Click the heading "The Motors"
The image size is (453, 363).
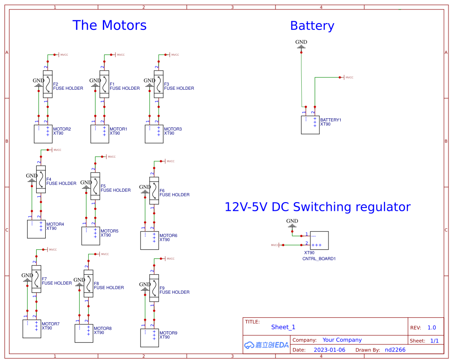pos(110,25)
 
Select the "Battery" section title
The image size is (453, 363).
pos(312,26)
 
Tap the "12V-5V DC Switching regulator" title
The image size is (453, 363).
pos(317,207)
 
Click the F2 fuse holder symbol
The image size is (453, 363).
pos(48,84)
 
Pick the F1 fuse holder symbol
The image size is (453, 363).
pos(104,84)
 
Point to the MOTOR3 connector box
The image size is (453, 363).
pos(154,134)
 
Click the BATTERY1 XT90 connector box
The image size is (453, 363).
pos(310,125)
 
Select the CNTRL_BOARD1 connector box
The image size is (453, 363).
pos(319,240)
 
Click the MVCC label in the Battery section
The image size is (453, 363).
pos(349,77)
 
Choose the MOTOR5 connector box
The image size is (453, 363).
pos(91,236)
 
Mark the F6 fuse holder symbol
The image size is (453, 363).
pos(154,190)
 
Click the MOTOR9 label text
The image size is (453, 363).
pos(168,333)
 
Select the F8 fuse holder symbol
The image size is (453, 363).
pos(88,284)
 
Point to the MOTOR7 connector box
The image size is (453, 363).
pos(32,329)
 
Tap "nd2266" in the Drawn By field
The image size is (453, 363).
pos(395,350)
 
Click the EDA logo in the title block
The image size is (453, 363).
pos(266,344)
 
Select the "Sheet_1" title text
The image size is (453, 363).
pos(283,327)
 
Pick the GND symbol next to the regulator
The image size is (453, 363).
pos(292,223)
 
